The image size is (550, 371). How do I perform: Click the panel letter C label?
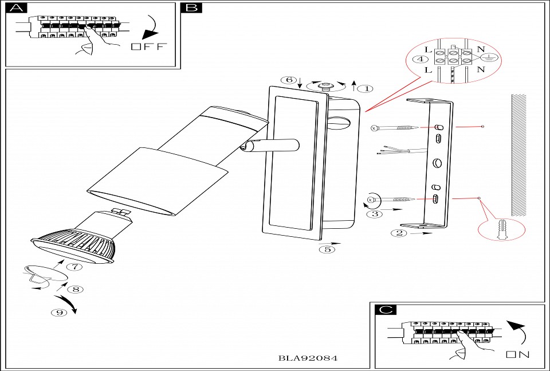point(386,310)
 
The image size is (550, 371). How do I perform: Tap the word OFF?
point(148,46)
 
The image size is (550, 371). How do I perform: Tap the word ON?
point(517,354)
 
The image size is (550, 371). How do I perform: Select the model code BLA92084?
point(308,358)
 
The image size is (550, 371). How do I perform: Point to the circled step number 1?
point(364,88)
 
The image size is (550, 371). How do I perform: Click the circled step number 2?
point(399,233)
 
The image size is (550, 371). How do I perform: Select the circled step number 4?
point(422,59)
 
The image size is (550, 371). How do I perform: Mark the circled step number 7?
point(74,267)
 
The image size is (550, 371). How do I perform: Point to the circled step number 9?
point(57,313)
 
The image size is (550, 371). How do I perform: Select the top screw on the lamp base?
point(327,87)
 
